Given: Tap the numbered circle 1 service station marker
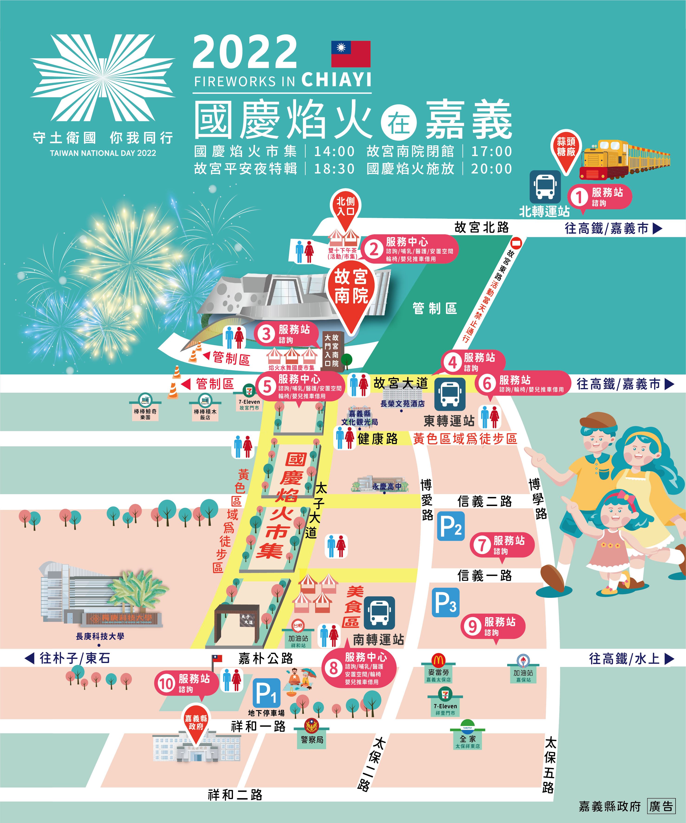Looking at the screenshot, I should [579, 197].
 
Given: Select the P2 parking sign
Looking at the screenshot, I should [451, 526].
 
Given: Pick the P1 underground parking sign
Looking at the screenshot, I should [266, 694].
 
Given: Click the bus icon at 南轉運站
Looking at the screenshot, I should [379, 613].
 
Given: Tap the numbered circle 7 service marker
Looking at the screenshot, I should [482, 544].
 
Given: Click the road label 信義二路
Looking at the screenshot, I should [484, 501].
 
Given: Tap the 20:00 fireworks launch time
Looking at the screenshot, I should [492, 169].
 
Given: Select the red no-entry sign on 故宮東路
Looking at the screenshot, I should [517, 243].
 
